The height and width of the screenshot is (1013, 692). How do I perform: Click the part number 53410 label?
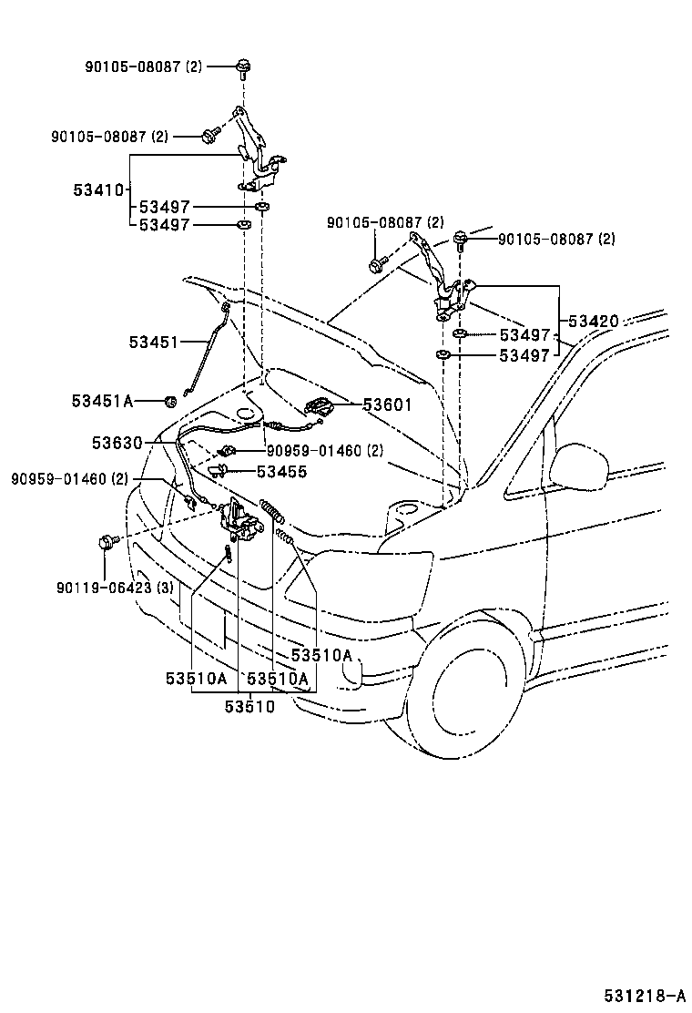[97, 190]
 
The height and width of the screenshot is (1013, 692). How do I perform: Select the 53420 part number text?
[594, 322]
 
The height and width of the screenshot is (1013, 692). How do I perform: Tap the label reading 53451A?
[103, 401]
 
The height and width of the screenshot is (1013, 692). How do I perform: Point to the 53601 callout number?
[387, 405]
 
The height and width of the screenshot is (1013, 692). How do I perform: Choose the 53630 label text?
[117, 443]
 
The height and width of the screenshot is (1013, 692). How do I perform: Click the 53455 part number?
[281, 472]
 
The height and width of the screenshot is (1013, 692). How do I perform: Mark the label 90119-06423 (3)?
[116, 588]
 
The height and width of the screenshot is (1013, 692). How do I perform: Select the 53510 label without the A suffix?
[249, 706]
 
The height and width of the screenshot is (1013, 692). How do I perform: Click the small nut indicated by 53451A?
[169, 401]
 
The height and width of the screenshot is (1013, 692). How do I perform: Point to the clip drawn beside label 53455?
[219, 471]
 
